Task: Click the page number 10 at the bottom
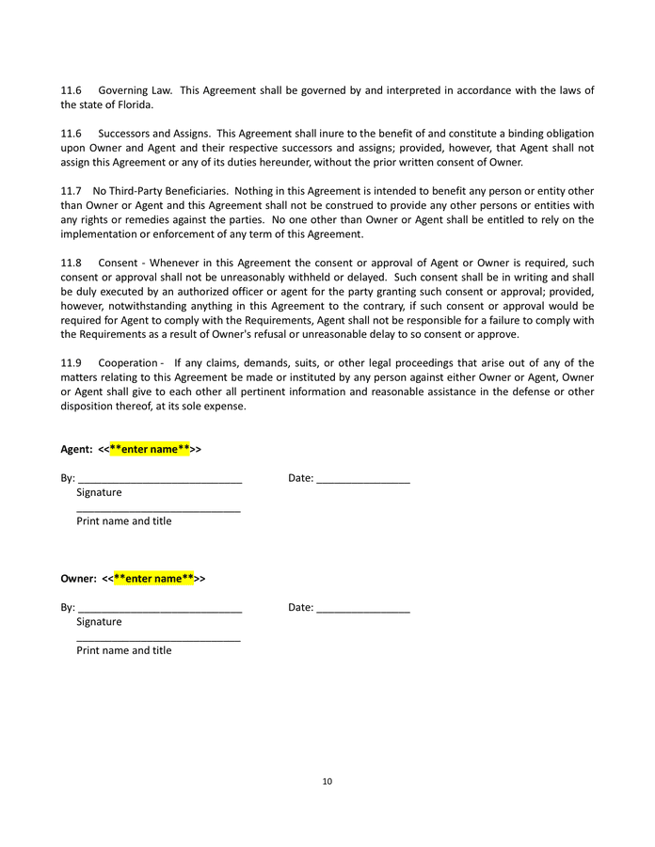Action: pos(327,781)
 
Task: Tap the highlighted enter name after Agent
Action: pos(150,449)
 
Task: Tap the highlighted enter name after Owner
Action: pos(153,578)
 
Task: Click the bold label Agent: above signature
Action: pos(76,449)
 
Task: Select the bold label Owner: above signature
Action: pos(78,578)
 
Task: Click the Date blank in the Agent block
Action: pos(363,479)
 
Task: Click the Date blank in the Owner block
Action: pos(363,608)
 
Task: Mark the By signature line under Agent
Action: pos(160,479)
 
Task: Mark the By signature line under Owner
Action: pos(160,608)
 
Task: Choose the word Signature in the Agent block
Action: pos(99,492)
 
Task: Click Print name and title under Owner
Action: pos(124,650)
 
